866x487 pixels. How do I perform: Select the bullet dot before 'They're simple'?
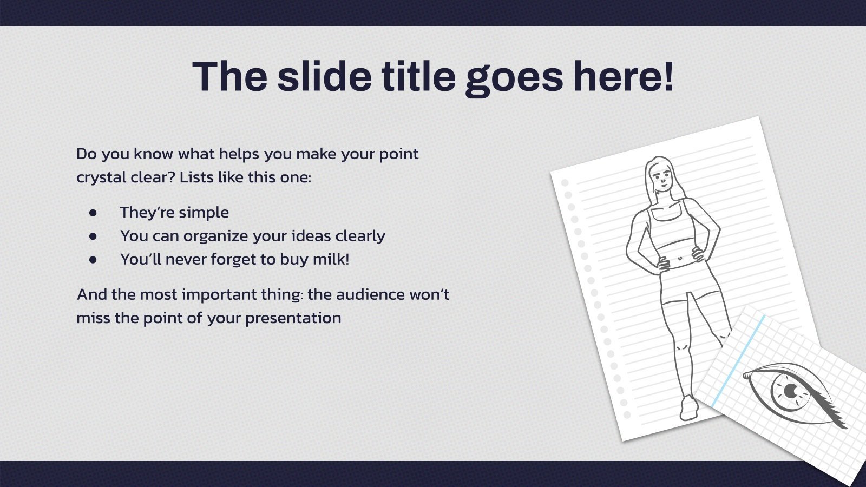click(93, 213)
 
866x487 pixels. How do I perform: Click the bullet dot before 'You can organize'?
click(93, 236)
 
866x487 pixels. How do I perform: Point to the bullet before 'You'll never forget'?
click(93, 260)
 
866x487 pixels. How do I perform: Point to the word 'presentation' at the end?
click(293, 319)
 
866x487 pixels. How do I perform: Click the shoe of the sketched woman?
click(689, 407)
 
